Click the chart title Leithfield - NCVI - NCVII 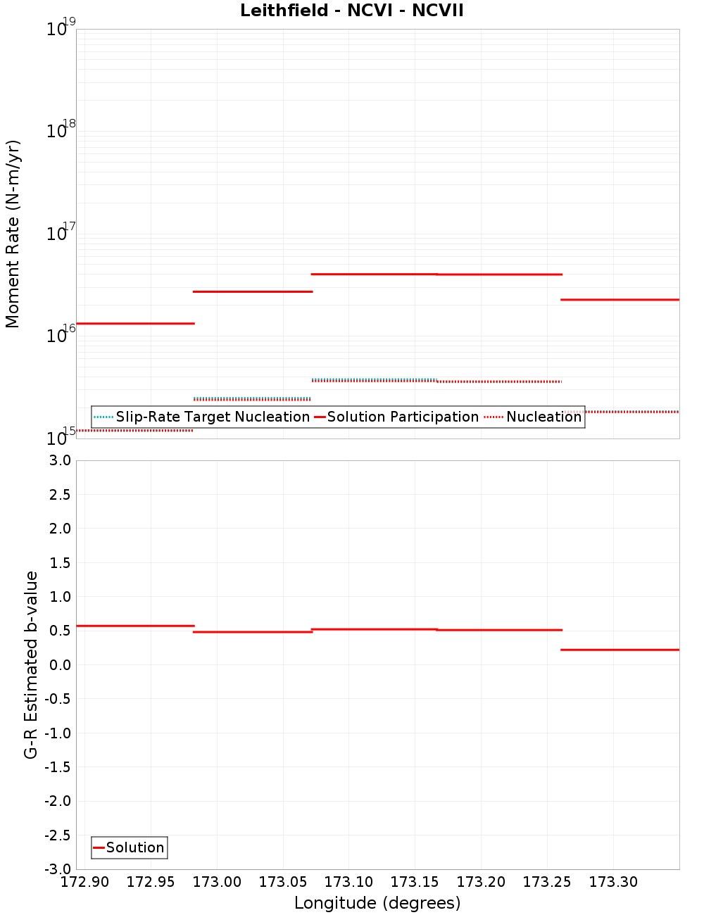point(352,11)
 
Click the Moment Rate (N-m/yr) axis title point(13,234)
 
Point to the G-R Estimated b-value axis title point(31,664)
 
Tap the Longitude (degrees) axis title point(377,903)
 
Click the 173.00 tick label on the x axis point(217,882)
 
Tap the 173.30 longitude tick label point(613,882)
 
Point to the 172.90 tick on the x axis point(85,882)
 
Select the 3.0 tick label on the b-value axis point(59,460)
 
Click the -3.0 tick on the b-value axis point(58,869)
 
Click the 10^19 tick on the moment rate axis point(60,29)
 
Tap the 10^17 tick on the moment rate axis point(60,233)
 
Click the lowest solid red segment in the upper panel point(135,323)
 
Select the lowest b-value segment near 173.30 point(620,650)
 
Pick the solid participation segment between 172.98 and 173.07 point(253,291)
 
